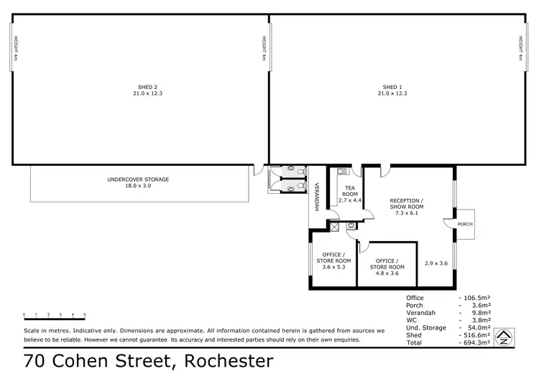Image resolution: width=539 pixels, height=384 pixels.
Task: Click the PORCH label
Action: (464, 224)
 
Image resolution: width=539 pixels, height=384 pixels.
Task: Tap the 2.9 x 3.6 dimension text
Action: (436, 263)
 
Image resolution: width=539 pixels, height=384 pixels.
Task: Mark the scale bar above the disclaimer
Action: (55, 315)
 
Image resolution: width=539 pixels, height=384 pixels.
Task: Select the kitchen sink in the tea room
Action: (341, 171)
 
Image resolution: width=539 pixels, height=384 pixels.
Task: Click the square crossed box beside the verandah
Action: (333, 226)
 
